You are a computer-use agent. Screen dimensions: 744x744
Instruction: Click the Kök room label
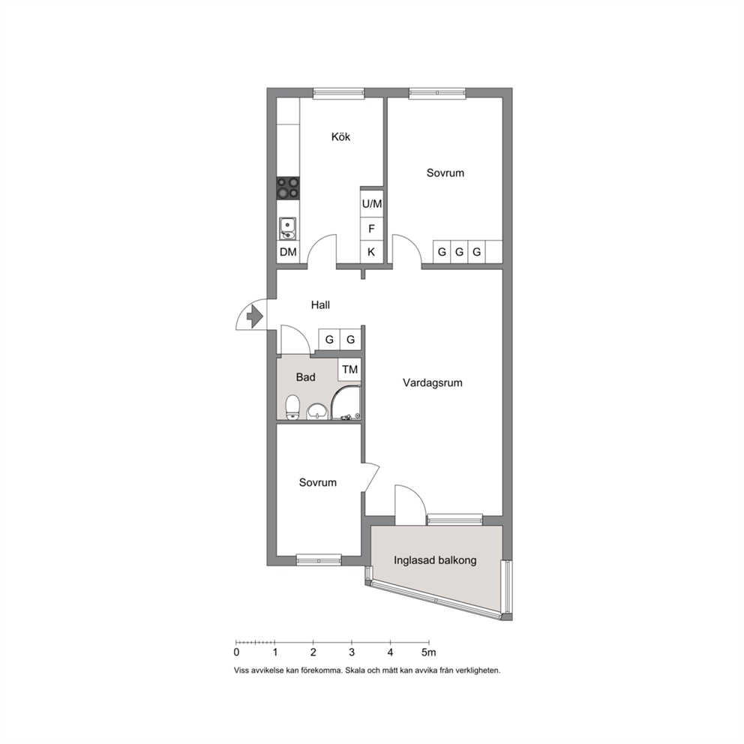[340, 136]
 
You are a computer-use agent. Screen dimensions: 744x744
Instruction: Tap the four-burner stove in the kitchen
[288, 187]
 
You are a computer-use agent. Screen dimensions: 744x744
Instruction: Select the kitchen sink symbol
[287, 229]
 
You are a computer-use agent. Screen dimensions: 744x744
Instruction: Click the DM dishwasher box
[288, 252]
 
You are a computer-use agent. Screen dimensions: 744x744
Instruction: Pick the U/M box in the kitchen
[371, 204]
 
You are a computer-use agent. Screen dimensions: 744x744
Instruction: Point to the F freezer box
[371, 229]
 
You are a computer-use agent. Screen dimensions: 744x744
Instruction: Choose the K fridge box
[371, 252]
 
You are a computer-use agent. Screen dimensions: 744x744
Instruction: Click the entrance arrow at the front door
[255, 314]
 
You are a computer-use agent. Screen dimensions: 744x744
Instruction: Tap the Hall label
[320, 304]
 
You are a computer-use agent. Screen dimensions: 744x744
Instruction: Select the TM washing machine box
[349, 369]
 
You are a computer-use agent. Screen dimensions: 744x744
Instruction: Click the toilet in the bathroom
[292, 407]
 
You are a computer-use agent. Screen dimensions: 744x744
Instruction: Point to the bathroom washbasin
[317, 412]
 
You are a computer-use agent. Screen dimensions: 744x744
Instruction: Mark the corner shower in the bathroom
[346, 403]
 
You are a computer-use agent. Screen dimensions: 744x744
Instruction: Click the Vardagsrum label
[432, 382]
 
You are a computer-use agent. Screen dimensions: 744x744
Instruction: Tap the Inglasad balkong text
[435, 560]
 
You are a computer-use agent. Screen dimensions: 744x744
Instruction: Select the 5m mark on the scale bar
[428, 652]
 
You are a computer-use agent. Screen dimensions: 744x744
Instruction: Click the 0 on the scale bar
[237, 652]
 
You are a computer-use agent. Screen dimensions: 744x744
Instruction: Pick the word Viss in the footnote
[241, 670]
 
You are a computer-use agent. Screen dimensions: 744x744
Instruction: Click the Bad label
[305, 377]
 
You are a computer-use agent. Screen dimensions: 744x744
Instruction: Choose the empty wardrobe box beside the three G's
[494, 251]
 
